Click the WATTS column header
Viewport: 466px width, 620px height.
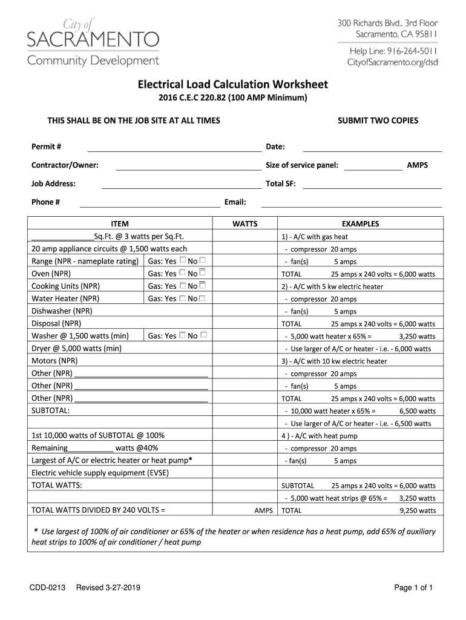point(244,223)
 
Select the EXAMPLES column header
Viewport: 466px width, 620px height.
point(360,223)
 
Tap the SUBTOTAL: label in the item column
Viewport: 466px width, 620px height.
point(50,411)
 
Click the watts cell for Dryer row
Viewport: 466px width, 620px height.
point(244,348)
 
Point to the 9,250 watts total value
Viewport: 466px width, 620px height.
point(418,510)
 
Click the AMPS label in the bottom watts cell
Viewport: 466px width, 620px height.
point(263,510)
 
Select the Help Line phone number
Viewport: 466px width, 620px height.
point(409,50)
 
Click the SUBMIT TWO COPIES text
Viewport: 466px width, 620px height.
point(378,120)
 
